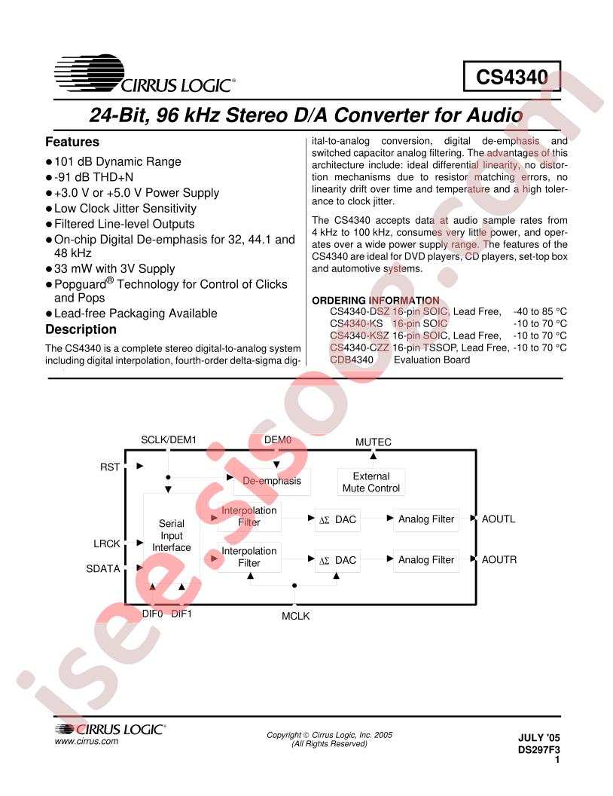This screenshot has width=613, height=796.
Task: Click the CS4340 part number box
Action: pos(511,76)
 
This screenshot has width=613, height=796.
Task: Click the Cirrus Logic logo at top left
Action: pos(145,74)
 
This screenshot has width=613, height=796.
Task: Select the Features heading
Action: pos(72,142)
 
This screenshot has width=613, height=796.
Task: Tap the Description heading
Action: pos(81,329)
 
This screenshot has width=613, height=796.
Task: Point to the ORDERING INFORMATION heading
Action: pos(375,300)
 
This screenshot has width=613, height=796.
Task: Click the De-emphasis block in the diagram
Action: pos(272,481)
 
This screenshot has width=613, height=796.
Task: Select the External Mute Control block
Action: pos(371,482)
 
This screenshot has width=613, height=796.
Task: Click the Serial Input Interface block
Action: pos(172,535)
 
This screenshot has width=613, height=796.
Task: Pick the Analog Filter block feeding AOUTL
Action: pos(426,519)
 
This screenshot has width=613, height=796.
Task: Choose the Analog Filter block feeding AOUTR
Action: pos(426,559)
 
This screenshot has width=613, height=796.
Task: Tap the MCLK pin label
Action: pos(296,616)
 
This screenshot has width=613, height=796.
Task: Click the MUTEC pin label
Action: pos(374,442)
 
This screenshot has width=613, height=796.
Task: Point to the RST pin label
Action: pos(109,467)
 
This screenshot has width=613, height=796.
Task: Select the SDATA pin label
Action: pos(103,568)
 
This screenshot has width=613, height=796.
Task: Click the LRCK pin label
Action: pos(106,543)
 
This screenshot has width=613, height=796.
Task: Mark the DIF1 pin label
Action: pos(181,614)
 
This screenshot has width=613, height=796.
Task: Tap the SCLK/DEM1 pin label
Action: pos(169,439)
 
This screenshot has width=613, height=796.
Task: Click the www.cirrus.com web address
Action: pos(86,741)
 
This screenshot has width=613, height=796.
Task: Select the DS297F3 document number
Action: pos(539,750)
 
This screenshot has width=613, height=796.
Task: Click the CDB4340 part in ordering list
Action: pos(352,360)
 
